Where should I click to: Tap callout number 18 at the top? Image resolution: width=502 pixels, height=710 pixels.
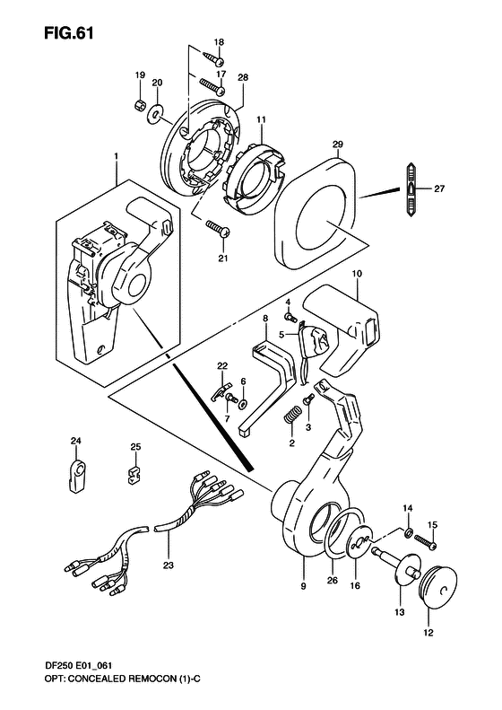tap(219, 43)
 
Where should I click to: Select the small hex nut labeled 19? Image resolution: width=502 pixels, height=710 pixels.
tap(141, 105)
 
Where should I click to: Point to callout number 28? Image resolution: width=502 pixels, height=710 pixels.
tap(242, 78)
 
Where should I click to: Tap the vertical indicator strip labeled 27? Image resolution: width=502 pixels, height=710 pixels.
tap(409, 189)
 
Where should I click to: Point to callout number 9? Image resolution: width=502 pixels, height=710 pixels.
tap(303, 586)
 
